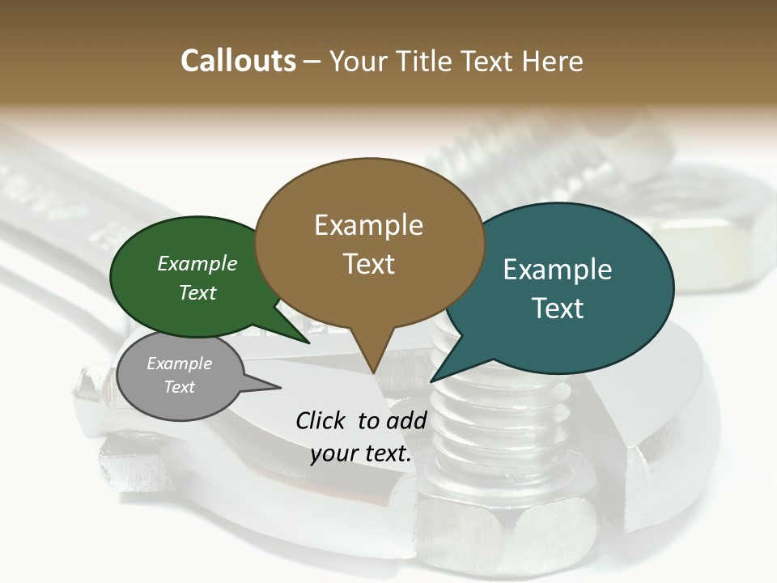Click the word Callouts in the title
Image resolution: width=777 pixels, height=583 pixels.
coord(238,61)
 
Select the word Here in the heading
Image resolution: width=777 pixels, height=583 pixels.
coord(553,61)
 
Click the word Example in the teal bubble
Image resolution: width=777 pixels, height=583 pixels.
coord(558,270)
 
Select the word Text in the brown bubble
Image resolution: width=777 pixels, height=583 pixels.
coord(369,264)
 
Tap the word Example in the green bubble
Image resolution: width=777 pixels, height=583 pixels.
coord(197,263)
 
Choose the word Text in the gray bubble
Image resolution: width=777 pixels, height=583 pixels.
coord(180,387)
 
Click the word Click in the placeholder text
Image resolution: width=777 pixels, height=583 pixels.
coord(320,420)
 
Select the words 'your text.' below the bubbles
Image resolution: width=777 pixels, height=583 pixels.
coord(361,453)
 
